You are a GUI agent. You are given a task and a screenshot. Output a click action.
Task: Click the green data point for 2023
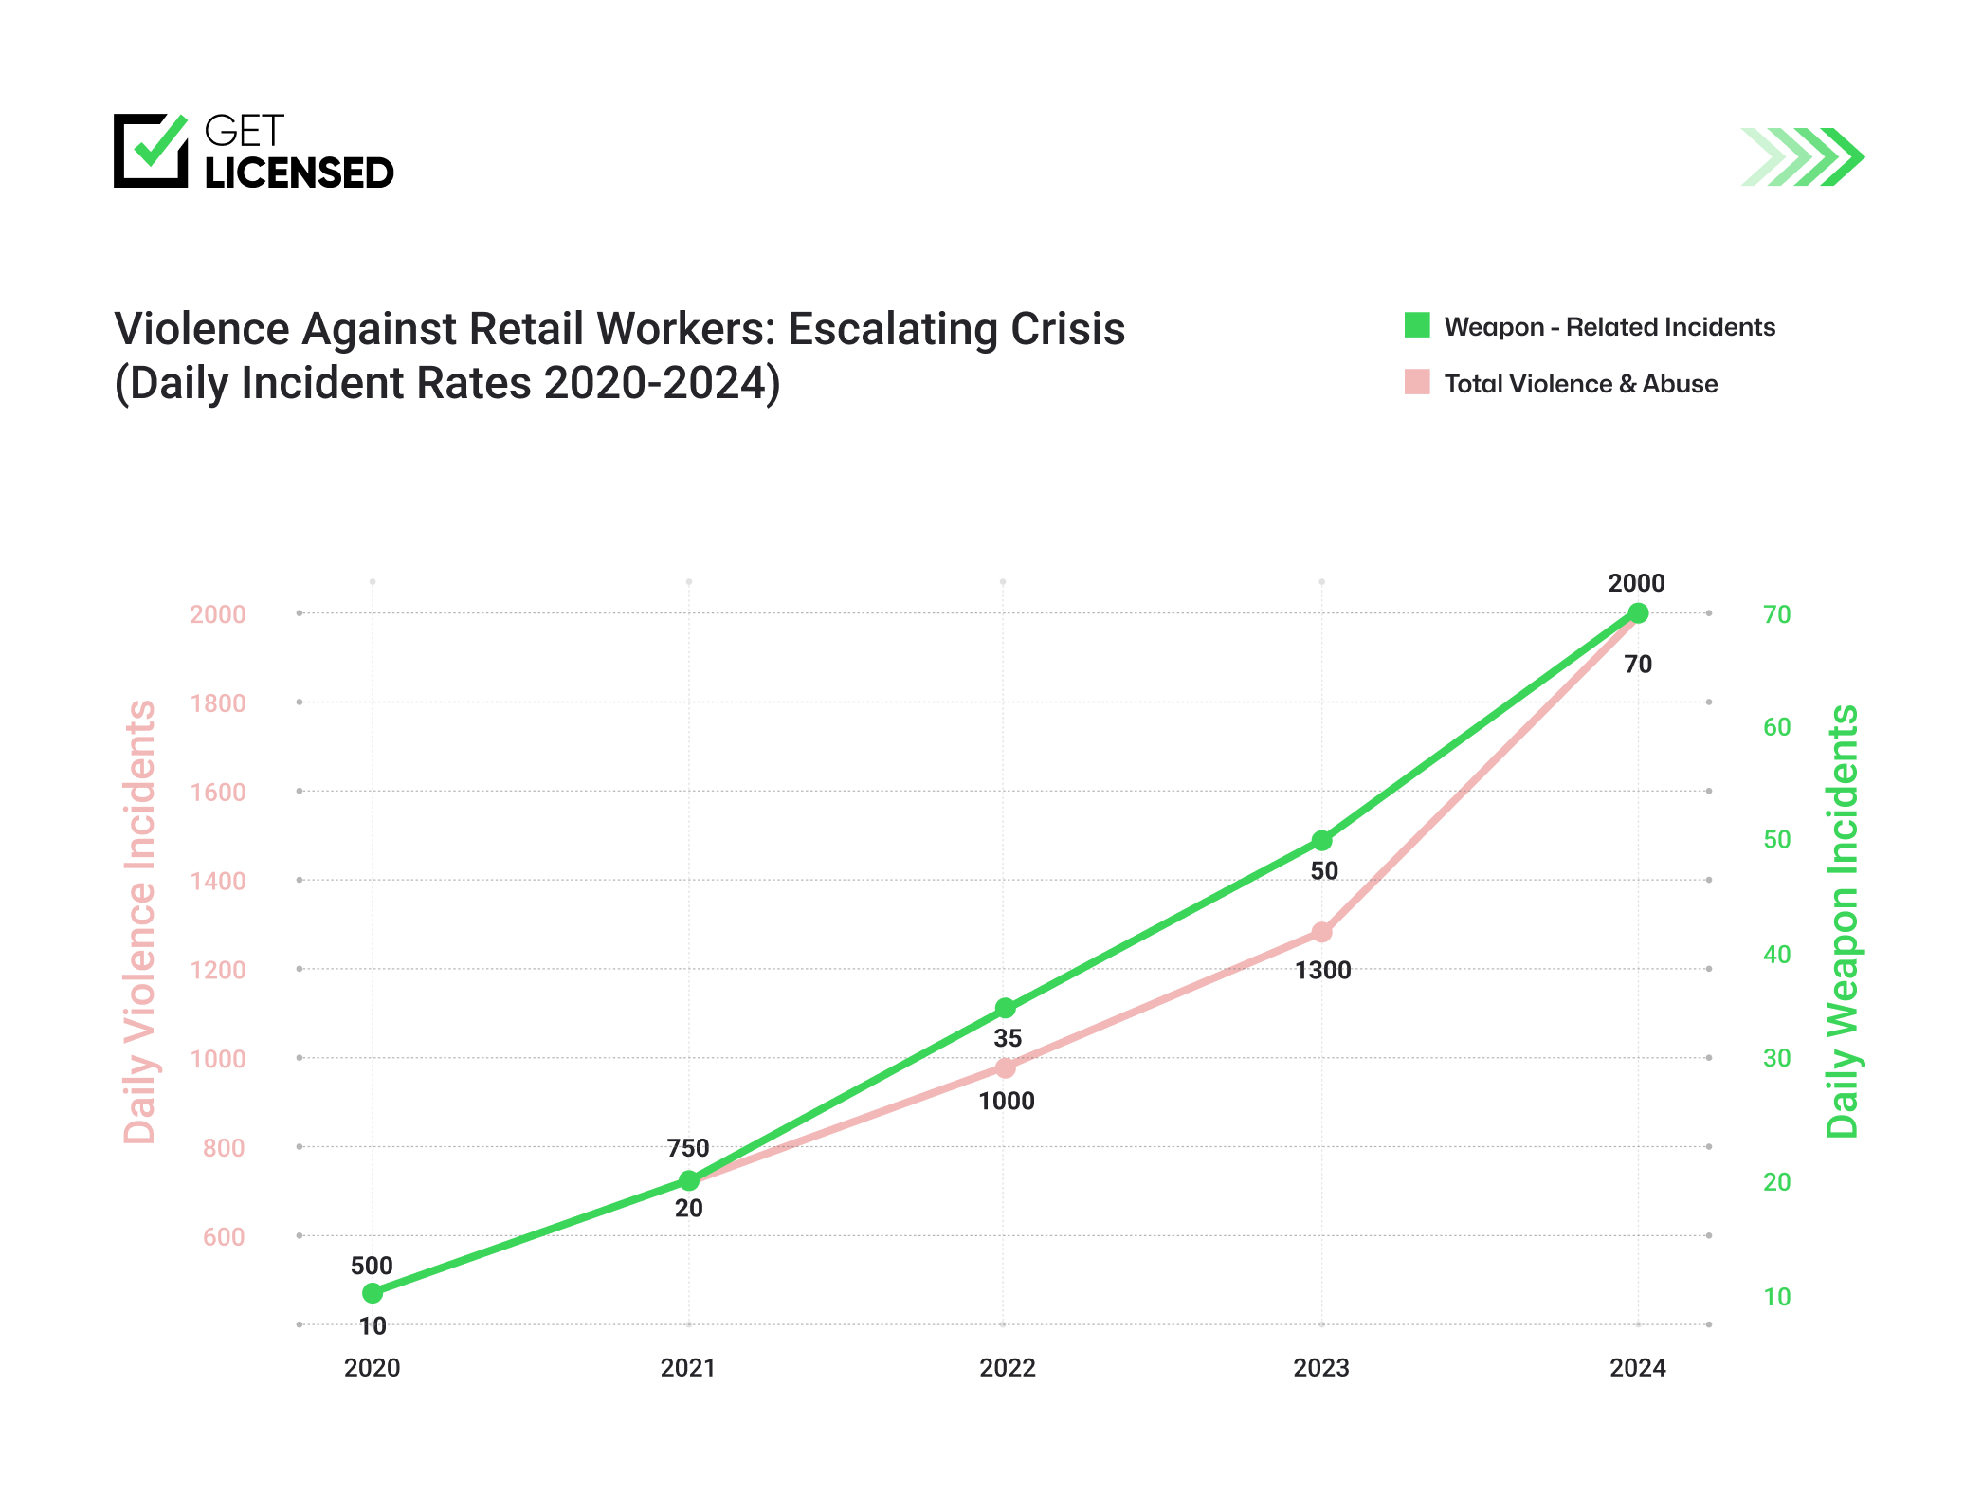click(1321, 841)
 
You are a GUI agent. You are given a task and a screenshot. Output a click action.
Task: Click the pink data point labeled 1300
click(1321, 933)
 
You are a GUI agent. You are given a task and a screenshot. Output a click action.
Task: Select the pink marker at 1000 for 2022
click(1006, 1068)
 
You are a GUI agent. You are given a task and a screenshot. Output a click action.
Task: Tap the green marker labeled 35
click(1006, 1008)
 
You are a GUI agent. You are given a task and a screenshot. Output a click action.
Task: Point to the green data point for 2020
click(373, 1293)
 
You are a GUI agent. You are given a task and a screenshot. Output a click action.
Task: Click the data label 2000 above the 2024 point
click(1636, 583)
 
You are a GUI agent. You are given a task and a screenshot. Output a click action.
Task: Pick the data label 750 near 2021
click(688, 1148)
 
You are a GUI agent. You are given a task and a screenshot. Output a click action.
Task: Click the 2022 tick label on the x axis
click(1007, 1368)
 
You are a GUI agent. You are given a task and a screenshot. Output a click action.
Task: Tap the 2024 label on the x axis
click(1637, 1368)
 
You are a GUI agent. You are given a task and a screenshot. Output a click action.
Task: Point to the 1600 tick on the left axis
click(218, 793)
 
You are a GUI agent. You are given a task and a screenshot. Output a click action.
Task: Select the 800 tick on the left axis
click(224, 1148)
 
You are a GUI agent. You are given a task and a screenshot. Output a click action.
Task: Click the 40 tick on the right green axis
click(1776, 955)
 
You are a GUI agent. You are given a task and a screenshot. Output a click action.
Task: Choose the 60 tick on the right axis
click(1776, 727)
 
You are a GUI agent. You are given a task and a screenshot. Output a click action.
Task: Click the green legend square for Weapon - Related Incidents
click(1417, 325)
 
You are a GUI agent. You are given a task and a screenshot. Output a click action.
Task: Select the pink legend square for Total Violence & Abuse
click(1417, 382)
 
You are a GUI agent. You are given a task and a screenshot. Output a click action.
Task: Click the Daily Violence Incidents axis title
click(140, 921)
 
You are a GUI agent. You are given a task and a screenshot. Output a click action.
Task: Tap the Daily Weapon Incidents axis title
click(1843, 921)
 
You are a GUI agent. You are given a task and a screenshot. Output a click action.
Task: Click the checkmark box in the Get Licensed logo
click(151, 151)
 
